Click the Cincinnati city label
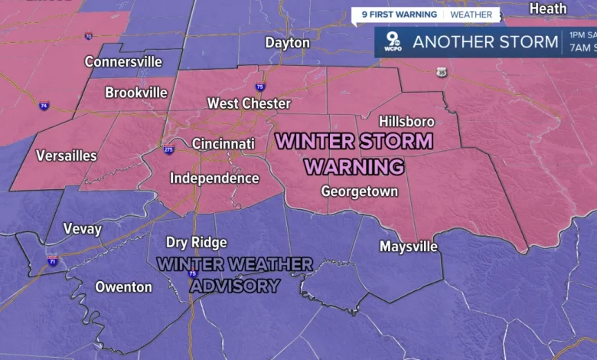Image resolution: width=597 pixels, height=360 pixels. point(223,144)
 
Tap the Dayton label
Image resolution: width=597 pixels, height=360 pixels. point(287,43)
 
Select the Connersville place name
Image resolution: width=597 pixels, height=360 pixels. point(123,61)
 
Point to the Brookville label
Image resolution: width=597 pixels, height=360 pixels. point(135,93)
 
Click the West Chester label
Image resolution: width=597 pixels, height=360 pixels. point(249,103)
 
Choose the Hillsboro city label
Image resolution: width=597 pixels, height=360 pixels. point(406,122)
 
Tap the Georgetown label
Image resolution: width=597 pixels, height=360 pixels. point(359,191)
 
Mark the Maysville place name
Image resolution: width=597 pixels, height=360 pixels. point(409,247)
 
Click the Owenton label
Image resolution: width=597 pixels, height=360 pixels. point(123,287)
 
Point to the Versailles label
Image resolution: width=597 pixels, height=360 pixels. point(67,156)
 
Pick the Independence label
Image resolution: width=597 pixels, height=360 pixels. point(214,178)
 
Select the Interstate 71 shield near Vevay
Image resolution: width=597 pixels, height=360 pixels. point(52,261)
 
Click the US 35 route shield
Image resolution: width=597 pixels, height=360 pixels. point(442,72)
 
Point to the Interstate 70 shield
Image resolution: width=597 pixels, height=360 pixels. point(89,36)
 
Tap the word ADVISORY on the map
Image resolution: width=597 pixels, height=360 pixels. point(234,285)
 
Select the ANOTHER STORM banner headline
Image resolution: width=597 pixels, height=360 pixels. point(485,42)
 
